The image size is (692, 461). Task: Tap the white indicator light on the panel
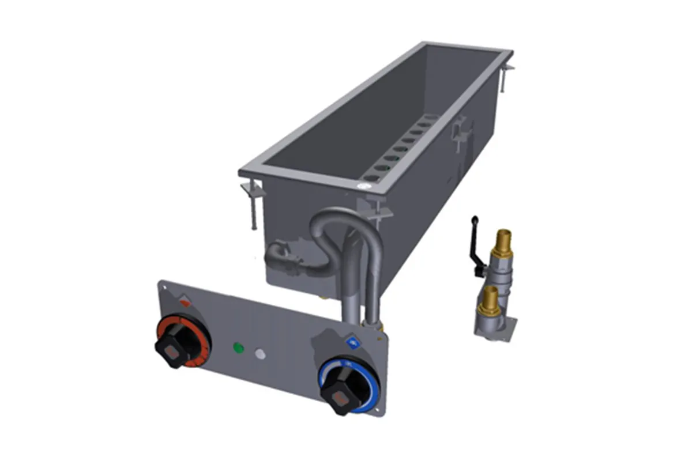[x=260, y=354]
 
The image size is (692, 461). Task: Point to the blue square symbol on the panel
[x=352, y=343]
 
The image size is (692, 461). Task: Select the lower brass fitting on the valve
[x=490, y=296]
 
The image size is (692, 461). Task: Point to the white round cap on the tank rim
[x=364, y=186]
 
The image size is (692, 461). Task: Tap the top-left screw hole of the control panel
[x=164, y=286]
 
